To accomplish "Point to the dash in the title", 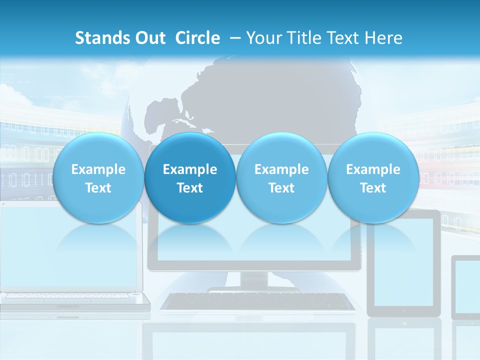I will [x=234, y=38].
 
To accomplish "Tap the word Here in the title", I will [x=385, y=38].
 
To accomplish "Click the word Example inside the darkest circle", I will [x=189, y=169].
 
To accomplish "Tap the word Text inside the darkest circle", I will [x=189, y=188].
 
